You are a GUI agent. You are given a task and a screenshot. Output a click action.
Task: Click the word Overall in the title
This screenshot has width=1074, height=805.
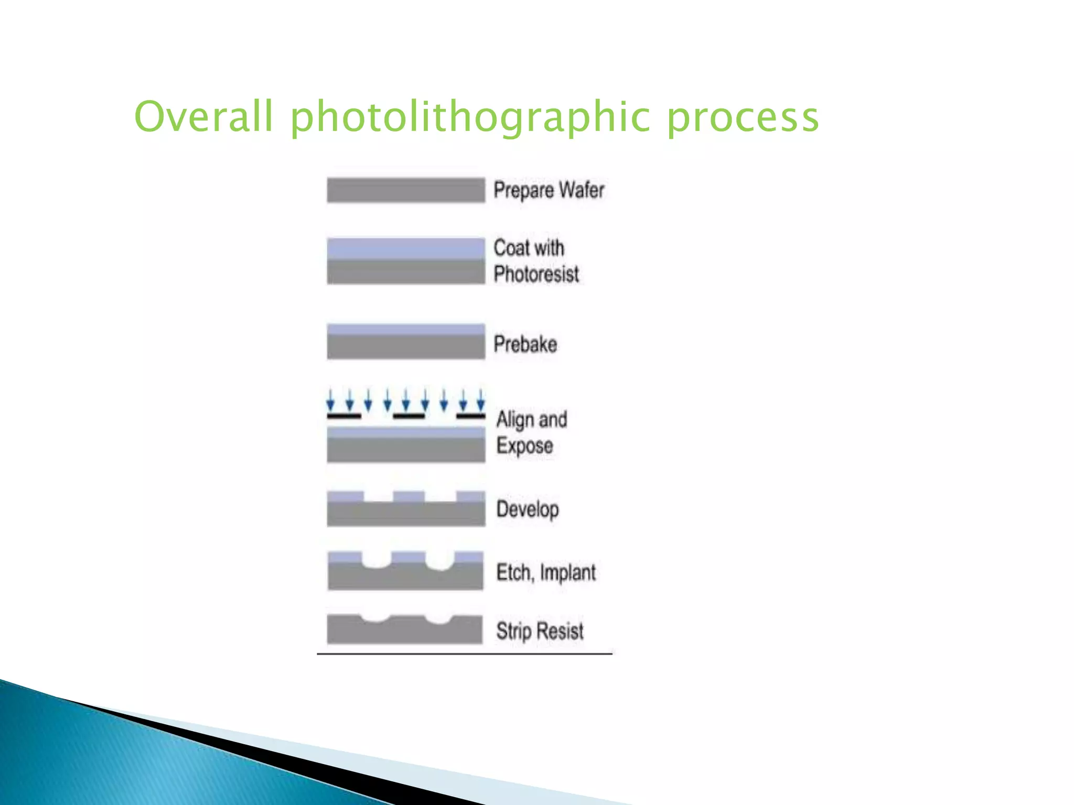tap(204, 116)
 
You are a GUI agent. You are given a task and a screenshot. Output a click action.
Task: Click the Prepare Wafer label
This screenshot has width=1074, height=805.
tap(549, 190)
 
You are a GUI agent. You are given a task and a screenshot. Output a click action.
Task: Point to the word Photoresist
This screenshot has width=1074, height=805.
tap(536, 274)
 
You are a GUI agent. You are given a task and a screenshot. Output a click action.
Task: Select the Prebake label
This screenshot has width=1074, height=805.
tap(525, 344)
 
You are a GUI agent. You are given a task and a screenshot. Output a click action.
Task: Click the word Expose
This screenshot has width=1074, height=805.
tap(524, 446)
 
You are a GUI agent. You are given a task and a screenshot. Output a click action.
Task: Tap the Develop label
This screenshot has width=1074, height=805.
tap(527, 509)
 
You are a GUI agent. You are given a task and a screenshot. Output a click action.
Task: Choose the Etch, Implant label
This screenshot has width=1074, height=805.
tap(545, 572)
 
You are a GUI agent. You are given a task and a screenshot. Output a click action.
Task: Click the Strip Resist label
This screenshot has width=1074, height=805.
tap(540, 631)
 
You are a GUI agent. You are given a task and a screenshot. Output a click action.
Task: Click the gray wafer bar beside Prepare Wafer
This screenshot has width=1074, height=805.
tap(405, 190)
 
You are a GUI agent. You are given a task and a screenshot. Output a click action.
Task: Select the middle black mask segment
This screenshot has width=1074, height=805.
tap(409, 416)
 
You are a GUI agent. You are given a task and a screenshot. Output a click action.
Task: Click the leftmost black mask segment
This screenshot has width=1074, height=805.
tap(344, 416)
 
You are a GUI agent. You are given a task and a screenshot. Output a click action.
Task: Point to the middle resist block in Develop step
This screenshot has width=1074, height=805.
tap(409, 496)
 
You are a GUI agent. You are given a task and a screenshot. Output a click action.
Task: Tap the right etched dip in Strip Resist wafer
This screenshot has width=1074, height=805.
tap(439, 619)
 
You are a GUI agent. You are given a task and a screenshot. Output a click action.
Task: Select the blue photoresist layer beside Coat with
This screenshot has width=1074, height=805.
tap(405, 248)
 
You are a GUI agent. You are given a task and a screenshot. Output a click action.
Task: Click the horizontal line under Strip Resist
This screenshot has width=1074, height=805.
tap(464, 654)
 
